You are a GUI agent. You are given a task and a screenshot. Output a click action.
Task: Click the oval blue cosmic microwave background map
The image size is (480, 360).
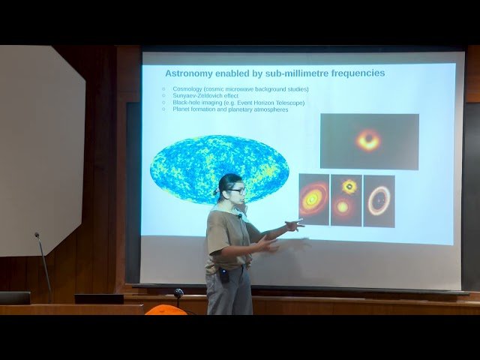click(x=219, y=169)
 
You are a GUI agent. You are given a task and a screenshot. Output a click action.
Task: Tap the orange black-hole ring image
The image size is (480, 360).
click(x=368, y=140)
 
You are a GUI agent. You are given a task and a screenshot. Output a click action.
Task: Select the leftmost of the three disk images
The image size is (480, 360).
click(x=313, y=200)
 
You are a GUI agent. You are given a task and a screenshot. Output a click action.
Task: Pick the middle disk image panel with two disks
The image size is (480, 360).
click(x=346, y=200)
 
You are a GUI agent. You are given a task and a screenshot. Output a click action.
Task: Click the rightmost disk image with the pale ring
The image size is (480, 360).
click(x=379, y=201)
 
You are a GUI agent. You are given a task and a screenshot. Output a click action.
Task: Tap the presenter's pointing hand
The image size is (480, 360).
click(x=295, y=223)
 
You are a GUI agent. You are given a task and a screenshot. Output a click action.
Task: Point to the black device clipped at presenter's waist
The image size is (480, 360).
click(x=223, y=275)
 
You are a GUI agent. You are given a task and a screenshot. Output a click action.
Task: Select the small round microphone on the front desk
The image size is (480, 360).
click(x=178, y=293)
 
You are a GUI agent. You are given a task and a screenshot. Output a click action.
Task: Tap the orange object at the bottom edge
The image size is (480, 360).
click(x=165, y=310)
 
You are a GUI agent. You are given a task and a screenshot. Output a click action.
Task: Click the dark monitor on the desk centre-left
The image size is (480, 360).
click(x=99, y=298)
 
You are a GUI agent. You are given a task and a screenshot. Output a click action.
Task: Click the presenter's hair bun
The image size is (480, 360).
click(x=217, y=192)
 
